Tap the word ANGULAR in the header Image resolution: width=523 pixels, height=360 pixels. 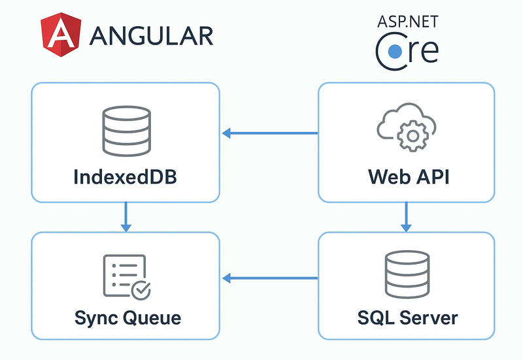(151, 35)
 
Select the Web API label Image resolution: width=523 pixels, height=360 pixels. (406, 177)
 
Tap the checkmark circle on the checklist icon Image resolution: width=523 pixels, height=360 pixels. (140, 288)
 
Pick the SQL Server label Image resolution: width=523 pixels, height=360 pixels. (407, 318)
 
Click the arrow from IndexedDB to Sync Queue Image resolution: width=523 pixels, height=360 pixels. (126, 217)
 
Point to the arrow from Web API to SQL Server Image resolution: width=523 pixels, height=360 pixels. (406, 217)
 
